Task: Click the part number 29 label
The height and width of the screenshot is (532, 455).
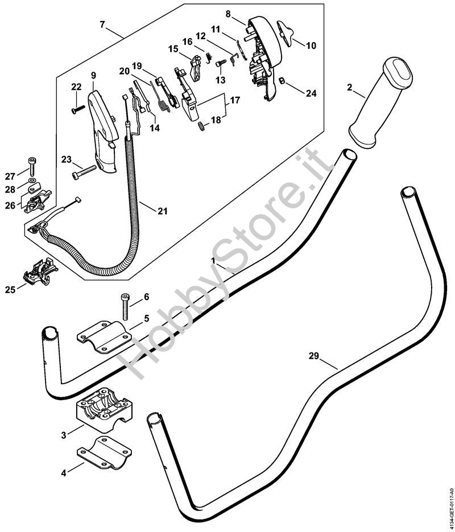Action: tap(313, 357)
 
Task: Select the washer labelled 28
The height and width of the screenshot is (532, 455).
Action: tap(32, 185)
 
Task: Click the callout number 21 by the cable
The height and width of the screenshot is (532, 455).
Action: tap(163, 211)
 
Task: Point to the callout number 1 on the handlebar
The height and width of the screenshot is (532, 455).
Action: tap(213, 261)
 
